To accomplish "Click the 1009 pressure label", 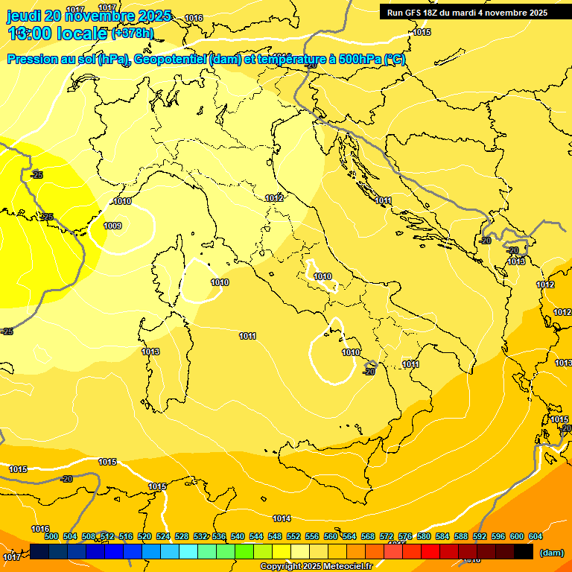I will click(x=112, y=226).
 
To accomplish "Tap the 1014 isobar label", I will click(x=282, y=518).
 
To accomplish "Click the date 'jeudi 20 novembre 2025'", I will click(x=89, y=16).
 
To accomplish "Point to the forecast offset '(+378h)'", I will click(x=133, y=34).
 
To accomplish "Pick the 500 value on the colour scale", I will click(x=51, y=536).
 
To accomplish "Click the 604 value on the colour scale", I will click(x=536, y=536).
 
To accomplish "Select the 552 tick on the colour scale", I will click(x=293, y=536).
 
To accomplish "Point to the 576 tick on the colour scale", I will click(x=405, y=536).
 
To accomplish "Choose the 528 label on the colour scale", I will click(x=182, y=536).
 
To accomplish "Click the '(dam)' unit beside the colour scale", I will click(x=552, y=553).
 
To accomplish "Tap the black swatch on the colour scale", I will click(x=524, y=552).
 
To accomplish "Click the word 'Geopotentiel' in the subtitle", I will click(x=170, y=60).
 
